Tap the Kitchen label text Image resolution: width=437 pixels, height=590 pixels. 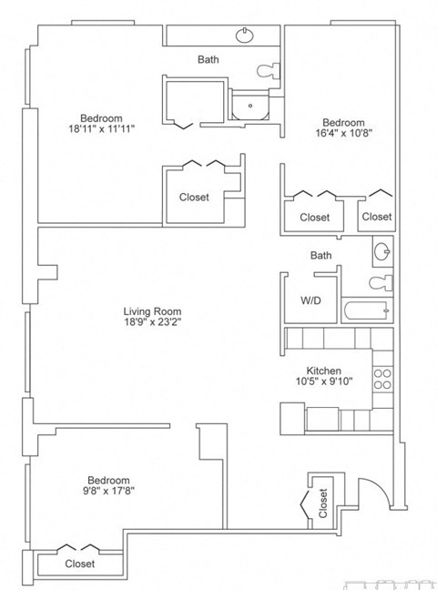323,371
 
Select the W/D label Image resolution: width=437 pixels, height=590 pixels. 310,300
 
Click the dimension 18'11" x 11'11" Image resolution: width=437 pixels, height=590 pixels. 101,129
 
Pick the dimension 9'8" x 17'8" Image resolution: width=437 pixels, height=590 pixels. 108,493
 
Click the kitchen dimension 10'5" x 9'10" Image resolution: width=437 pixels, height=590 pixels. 323,382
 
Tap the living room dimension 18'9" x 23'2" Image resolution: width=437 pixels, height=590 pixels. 153,321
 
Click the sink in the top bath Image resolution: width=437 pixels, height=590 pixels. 245,36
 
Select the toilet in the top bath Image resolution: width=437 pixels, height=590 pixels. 268,70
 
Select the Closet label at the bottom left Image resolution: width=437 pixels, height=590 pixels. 80,564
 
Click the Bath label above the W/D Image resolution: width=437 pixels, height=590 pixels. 320,256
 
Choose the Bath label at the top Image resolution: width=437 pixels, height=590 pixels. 208,60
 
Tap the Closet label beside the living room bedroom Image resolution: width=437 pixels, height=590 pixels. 194,197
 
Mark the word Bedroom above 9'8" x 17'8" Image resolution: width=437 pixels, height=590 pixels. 108,481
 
